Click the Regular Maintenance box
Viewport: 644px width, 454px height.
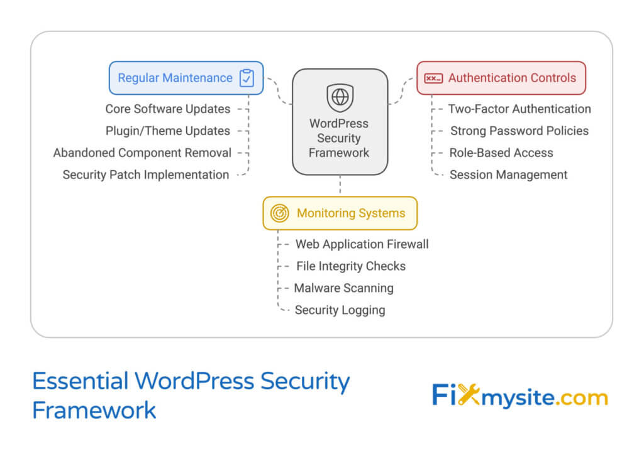186,78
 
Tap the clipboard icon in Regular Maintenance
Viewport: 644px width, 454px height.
247,78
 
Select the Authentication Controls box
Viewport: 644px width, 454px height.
501,78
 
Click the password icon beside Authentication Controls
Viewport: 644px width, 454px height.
433,78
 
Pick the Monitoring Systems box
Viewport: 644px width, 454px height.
340,213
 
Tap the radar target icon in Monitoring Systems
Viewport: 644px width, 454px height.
279,213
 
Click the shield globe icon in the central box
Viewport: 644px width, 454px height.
340,97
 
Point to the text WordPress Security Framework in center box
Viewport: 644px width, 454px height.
339,138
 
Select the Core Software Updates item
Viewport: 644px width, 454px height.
167,109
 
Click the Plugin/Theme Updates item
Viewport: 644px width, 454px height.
167,131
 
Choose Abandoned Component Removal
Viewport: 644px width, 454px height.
142,153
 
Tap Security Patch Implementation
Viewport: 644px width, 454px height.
145,175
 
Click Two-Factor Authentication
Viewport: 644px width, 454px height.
519,109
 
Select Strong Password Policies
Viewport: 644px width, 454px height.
519,131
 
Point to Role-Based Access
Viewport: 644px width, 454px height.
501,153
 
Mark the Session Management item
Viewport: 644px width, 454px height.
508,175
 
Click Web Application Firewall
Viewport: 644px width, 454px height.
362,244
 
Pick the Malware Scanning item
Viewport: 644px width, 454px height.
343,288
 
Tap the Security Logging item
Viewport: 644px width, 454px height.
340,310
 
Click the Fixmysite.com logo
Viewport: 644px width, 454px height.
519,397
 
